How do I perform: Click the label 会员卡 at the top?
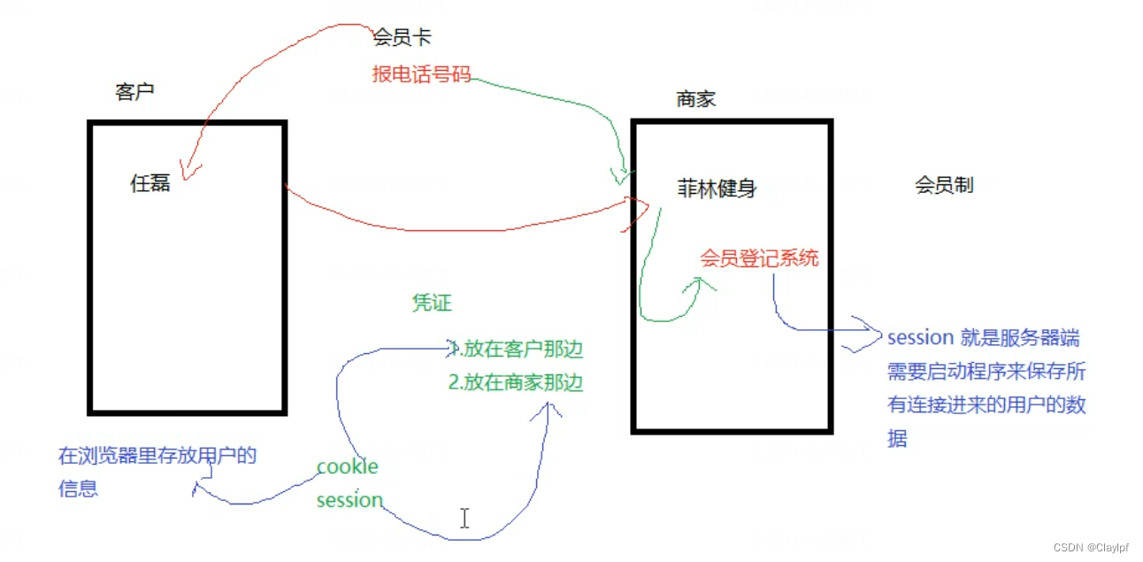click(x=403, y=38)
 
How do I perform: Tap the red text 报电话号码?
click(x=421, y=74)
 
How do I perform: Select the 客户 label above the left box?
click(x=135, y=92)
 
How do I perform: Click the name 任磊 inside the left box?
click(x=150, y=184)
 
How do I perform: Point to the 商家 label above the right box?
click(x=695, y=99)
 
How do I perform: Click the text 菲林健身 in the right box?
click(x=717, y=189)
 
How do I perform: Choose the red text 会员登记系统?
click(x=759, y=258)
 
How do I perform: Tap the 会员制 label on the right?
click(x=944, y=185)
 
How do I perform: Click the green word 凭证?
click(x=432, y=303)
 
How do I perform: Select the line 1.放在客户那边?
click(x=517, y=350)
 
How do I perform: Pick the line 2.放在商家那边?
click(x=517, y=383)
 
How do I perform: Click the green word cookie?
click(x=347, y=466)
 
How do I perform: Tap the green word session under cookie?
click(x=349, y=500)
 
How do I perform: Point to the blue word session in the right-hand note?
click(x=920, y=337)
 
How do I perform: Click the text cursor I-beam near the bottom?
click(x=464, y=518)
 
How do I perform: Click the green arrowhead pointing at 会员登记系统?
click(x=702, y=284)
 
